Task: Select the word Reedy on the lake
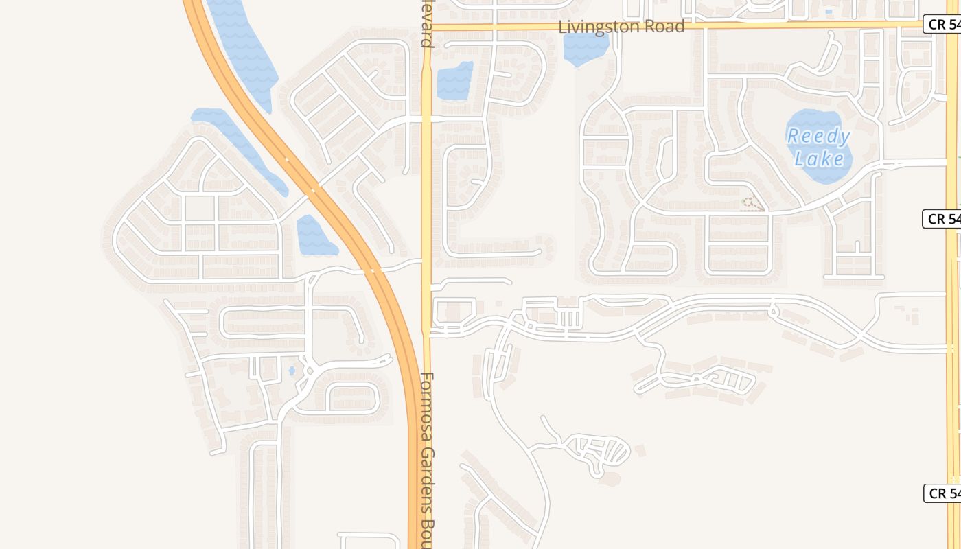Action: click(818, 137)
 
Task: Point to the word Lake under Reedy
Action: click(820, 159)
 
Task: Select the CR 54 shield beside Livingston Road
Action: click(942, 25)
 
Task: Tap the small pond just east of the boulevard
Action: click(454, 80)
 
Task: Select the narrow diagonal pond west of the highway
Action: click(240, 148)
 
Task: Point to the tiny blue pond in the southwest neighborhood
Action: click(292, 371)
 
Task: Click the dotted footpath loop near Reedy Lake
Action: click(753, 203)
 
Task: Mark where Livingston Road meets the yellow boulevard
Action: click(426, 27)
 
